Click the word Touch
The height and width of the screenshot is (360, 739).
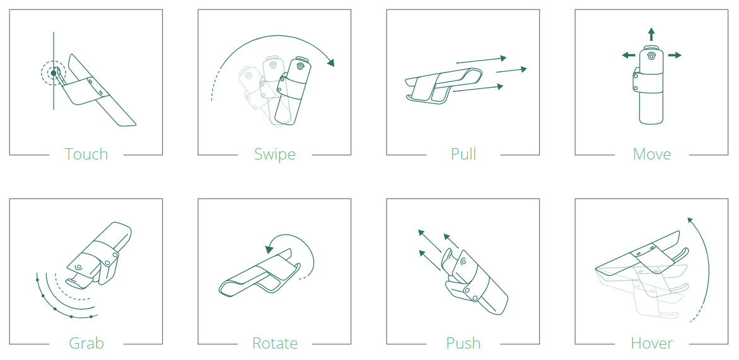point(86,154)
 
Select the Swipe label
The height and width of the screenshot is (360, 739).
point(275,154)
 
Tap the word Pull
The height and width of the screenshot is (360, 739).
point(463,154)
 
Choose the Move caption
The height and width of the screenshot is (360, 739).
point(652,154)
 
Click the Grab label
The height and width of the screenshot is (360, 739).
point(86,343)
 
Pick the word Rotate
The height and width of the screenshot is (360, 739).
point(275,343)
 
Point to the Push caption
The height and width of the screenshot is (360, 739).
point(463,343)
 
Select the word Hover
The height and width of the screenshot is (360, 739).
point(652,343)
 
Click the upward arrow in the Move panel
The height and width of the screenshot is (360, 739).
point(651,35)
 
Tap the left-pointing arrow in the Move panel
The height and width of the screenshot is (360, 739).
point(628,55)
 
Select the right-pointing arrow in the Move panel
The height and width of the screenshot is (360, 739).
point(675,55)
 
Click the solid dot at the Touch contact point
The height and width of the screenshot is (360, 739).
point(54,73)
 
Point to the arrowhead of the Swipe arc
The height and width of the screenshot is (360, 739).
point(331,62)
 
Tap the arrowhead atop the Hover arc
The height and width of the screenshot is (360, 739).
point(690,221)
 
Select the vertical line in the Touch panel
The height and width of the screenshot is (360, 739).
point(54,71)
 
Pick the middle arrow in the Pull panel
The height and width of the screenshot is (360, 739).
point(511,70)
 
